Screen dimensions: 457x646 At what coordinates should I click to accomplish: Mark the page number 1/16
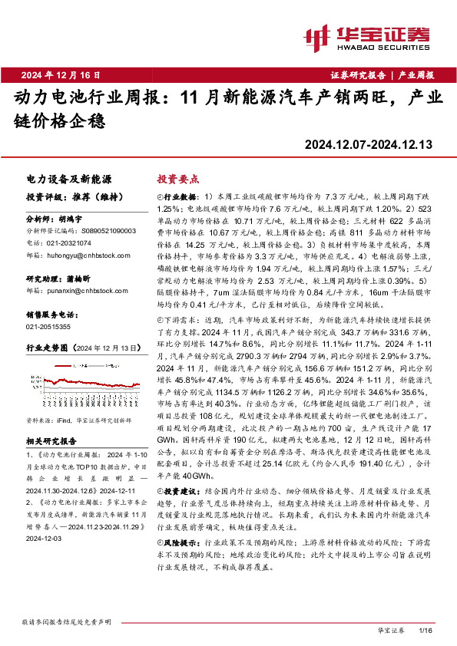coord(426,631)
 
